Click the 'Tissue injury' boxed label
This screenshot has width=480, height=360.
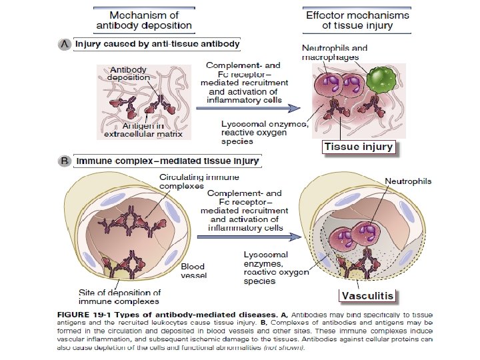pos(359,147)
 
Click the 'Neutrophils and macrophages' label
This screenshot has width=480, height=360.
pos(335,53)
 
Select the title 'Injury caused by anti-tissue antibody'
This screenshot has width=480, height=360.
pos(157,44)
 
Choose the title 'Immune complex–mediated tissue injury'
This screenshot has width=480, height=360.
pos(167,161)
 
